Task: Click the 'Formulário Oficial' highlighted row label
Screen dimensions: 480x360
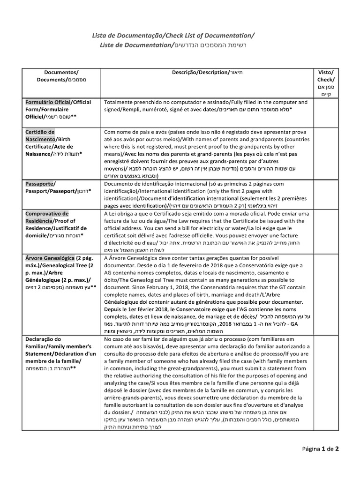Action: tap(47, 102)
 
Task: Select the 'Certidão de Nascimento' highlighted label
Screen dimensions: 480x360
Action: tap(40, 135)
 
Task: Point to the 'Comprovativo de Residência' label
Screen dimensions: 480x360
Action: tap(47, 217)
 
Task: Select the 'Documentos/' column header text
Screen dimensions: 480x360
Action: tap(61, 72)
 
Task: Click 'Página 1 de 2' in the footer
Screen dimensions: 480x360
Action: tap(320, 449)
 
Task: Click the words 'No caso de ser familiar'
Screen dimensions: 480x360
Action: tap(137, 339)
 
